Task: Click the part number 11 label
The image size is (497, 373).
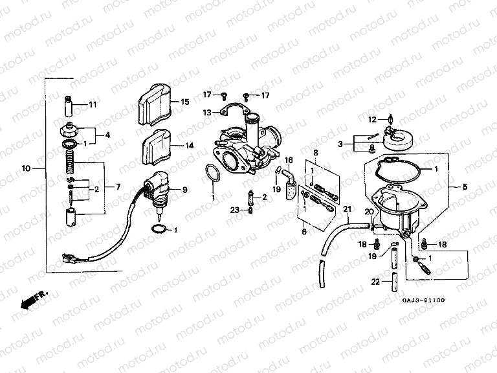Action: click(92, 104)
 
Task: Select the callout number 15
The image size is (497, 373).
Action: click(184, 102)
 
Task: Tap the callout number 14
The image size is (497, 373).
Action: click(190, 146)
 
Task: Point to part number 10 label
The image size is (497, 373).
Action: click(26, 168)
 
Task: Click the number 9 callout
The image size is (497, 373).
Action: click(184, 190)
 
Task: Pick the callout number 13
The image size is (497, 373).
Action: click(206, 112)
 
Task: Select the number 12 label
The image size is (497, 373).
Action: click(372, 120)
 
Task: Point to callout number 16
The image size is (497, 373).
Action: click(289, 159)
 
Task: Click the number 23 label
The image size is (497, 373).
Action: click(235, 209)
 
